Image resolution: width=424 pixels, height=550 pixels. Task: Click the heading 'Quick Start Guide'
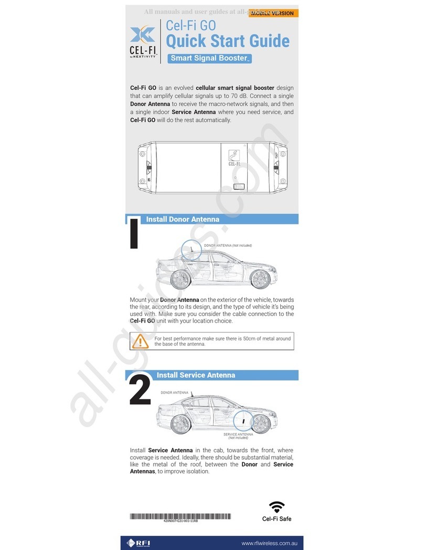tap(227, 40)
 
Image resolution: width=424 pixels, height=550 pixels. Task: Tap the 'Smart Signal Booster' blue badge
tap(209, 58)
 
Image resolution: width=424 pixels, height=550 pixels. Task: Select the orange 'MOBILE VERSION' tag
tap(274, 13)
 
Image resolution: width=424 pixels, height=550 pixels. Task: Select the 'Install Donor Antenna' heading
tap(182, 219)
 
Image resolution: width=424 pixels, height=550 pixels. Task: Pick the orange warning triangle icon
tap(140, 342)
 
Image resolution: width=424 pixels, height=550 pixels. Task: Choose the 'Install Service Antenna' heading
tap(196, 375)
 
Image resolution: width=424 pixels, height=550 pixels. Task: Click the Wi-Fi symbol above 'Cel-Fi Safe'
tap(277, 507)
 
